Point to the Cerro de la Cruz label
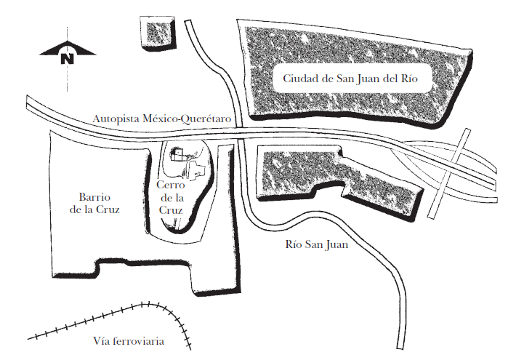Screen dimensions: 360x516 click(x=172, y=197)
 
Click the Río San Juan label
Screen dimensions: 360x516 click(x=317, y=245)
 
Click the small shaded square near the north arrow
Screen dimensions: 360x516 click(x=157, y=33)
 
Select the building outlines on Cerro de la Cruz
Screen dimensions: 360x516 click(x=188, y=163)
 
